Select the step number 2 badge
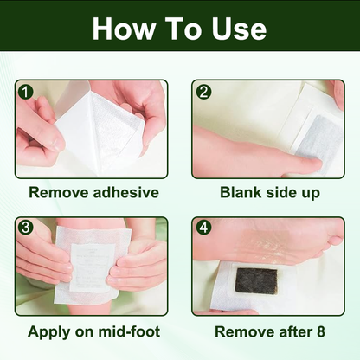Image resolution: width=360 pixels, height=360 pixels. (x=202, y=90)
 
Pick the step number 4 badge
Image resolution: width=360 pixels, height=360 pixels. (x=202, y=228)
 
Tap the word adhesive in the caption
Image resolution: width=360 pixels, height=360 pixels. (x=125, y=193)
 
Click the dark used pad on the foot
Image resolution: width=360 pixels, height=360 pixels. (x=256, y=281)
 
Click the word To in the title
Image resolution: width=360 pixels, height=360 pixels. (x=179, y=29)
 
